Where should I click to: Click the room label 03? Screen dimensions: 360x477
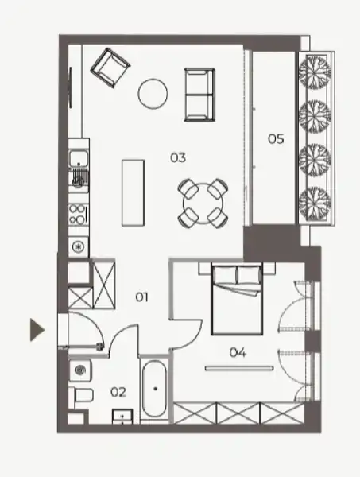pos(178,157)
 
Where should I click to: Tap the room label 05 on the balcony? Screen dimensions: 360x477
pos(276,139)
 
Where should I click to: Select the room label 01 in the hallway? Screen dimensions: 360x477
pos(141,297)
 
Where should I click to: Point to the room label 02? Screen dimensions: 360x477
pos(118,393)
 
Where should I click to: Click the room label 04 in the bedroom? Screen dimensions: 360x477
pos(238,352)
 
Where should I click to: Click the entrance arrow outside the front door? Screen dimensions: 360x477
pos(37,330)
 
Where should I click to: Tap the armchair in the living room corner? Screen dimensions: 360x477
pos(110,68)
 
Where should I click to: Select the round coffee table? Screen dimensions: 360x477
pos(153,94)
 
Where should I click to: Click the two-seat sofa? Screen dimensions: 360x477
pos(199,95)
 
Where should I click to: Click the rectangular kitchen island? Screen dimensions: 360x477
pos(133,193)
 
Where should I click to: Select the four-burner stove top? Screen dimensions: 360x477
pos(79,214)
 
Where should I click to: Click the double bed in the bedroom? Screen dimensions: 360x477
pos(237,300)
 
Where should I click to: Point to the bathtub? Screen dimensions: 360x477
pos(155,389)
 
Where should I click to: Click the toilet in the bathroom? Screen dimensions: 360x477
pos(81,395)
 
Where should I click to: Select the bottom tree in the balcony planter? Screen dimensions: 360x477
pos(315,203)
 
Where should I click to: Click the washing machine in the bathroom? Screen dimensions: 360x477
pos(80,370)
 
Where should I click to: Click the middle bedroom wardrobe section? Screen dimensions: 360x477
pos(238,413)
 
